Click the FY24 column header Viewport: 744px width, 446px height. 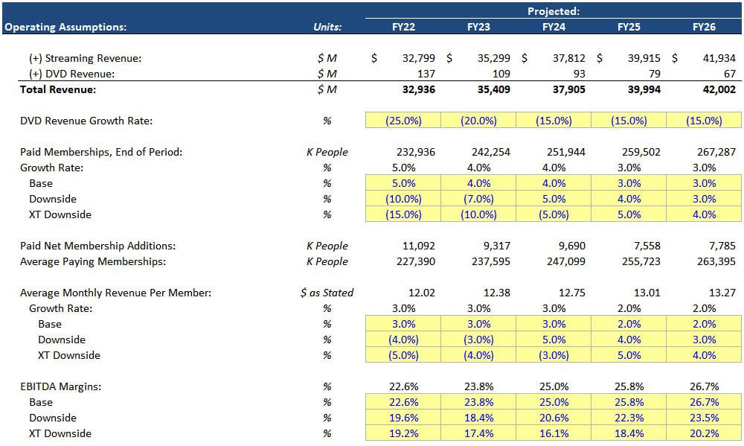click(554, 27)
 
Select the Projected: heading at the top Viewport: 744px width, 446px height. click(554, 11)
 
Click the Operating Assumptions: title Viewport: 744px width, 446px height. click(65, 27)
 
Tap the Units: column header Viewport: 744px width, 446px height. click(327, 27)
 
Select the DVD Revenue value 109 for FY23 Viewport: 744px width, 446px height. click(500, 74)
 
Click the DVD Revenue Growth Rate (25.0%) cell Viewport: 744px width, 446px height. click(404, 121)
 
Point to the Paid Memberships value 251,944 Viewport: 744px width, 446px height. click(565, 152)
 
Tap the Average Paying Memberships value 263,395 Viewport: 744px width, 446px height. click(715, 261)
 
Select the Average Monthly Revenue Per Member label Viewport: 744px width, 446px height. click(115, 293)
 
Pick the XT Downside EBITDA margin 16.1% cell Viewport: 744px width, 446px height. click(554, 433)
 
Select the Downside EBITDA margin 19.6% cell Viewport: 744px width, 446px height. click(404, 418)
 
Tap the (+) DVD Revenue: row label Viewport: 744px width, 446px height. click(71, 74)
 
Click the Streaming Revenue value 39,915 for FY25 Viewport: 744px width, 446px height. click(644, 58)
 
